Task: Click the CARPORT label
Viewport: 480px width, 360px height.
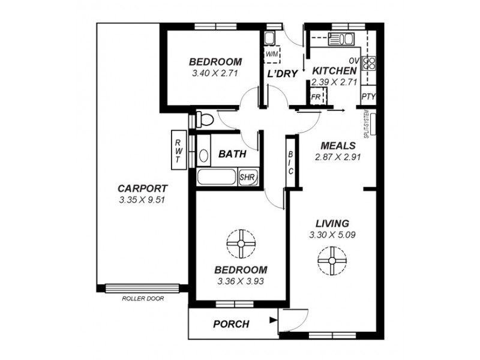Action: [142, 187]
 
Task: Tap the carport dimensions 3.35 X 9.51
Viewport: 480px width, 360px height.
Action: [142, 200]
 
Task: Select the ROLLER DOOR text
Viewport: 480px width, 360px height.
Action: [142, 298]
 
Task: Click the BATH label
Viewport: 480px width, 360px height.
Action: [232, 154]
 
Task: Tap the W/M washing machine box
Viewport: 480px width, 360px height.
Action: [272, 55]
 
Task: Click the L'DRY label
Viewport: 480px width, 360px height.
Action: [282, 74]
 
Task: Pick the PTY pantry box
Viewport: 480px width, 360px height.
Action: [368, 96]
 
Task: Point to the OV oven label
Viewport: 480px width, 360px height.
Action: [353, 61]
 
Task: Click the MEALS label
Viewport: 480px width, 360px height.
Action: [338, 146]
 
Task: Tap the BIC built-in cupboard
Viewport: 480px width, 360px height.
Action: [290, 162]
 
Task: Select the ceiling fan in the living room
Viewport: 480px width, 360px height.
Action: [332, 261]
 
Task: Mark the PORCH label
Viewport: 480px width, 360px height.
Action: [231, 325]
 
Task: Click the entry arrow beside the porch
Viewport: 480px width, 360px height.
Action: [273, 320]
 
